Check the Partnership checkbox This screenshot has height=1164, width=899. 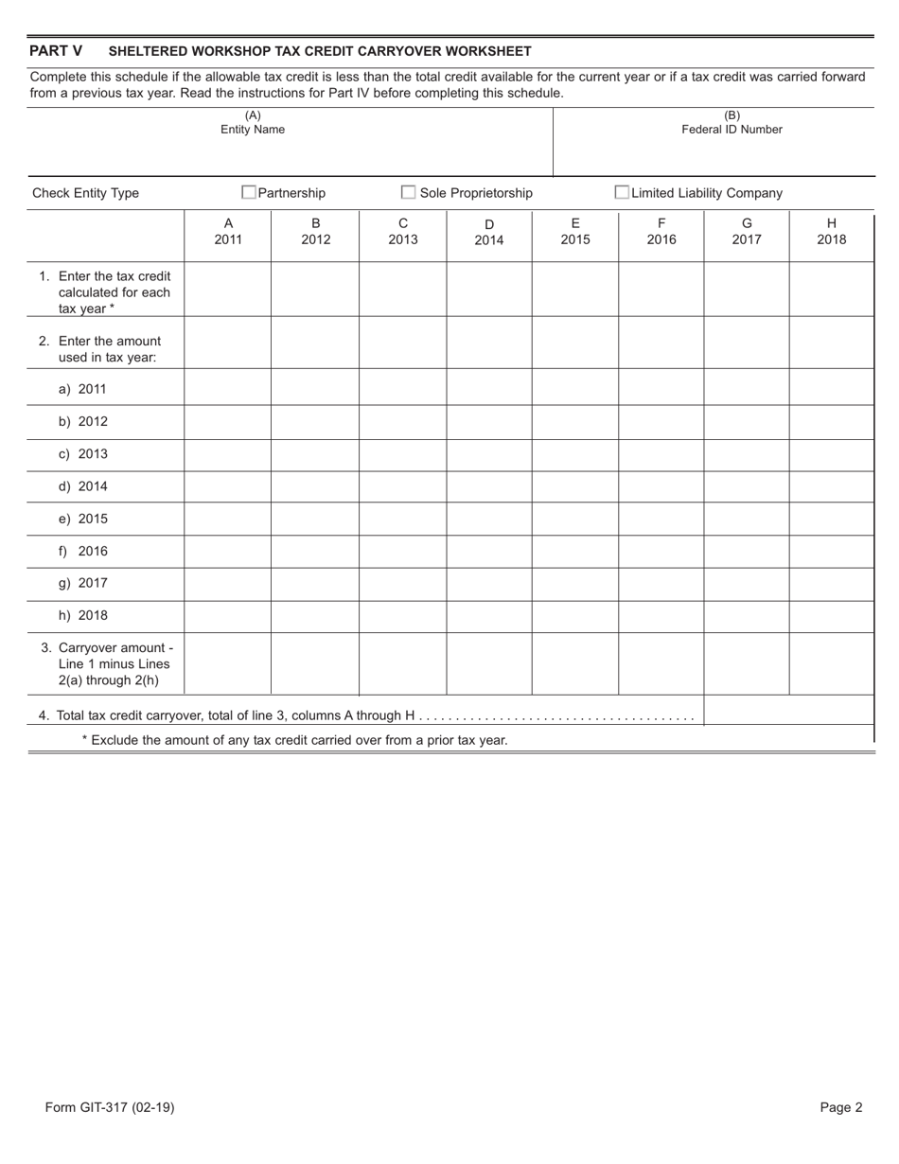(249, 193)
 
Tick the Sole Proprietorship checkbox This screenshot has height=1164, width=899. (409, 193)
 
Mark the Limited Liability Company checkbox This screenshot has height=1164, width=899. (622, 193)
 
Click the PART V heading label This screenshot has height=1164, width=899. (56, 51)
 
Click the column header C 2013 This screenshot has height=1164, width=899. (402, 232)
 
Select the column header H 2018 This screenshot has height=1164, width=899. (831, 232)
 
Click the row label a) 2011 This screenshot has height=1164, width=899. (82, 389)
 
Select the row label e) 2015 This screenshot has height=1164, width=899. (82, 519)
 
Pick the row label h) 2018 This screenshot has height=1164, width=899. (82, 615)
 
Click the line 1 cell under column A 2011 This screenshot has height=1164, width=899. (227, 290)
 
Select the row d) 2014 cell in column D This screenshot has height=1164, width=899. (488, 486)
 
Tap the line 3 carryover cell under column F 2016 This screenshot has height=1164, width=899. (661, 664)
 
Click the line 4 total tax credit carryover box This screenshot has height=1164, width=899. (788, 711)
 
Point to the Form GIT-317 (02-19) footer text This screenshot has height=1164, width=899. (109, 1107)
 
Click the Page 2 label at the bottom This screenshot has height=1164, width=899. (840, 1107)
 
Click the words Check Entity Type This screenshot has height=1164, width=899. (85, 193)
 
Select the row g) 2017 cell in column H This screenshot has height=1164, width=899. (831, 583)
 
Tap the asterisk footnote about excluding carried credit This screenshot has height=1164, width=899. (294, 740)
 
